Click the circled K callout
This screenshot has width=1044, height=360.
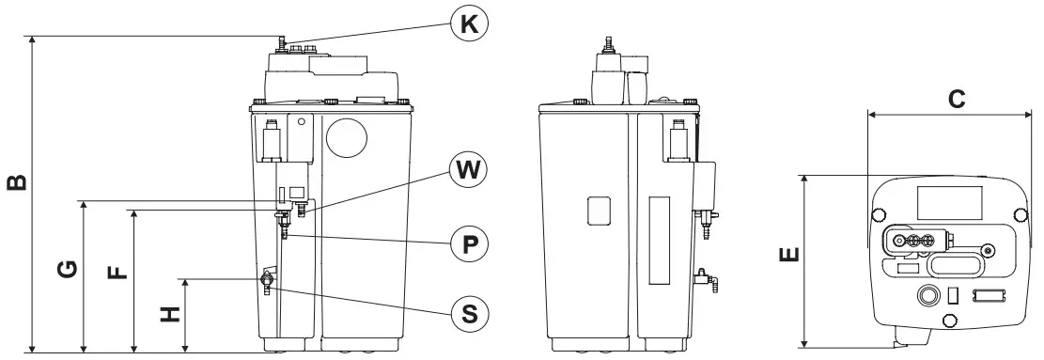tap(469, 24)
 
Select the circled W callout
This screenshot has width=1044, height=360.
tap(469, 170)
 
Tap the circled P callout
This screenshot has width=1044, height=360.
tap(469, 243)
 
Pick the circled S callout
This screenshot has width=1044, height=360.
tap(469, 311)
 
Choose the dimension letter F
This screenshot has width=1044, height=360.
tap(117, 273)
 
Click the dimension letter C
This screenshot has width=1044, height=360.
tap(956, 98)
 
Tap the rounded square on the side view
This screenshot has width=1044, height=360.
tap(600, 210)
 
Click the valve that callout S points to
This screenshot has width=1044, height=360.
tap(267, 281)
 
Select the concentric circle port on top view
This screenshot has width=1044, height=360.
tap(928, 295)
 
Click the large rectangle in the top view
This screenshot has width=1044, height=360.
tap(949, 200)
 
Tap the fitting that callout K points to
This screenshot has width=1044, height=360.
tap(279, 43)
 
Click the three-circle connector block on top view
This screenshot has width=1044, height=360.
tap(912, 241)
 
